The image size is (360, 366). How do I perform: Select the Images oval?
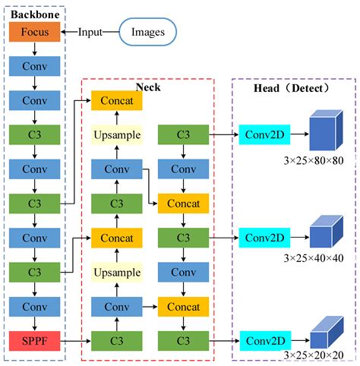tap(148, 33)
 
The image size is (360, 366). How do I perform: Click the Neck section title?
tap(148, 88)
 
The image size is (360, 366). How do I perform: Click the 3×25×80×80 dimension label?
tap(313, 161)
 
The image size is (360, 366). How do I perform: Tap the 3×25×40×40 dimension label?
tap(313, 258)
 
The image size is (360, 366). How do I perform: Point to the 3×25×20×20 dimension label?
tap(313, 355)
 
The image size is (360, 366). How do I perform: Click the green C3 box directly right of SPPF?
tap(116, 339)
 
